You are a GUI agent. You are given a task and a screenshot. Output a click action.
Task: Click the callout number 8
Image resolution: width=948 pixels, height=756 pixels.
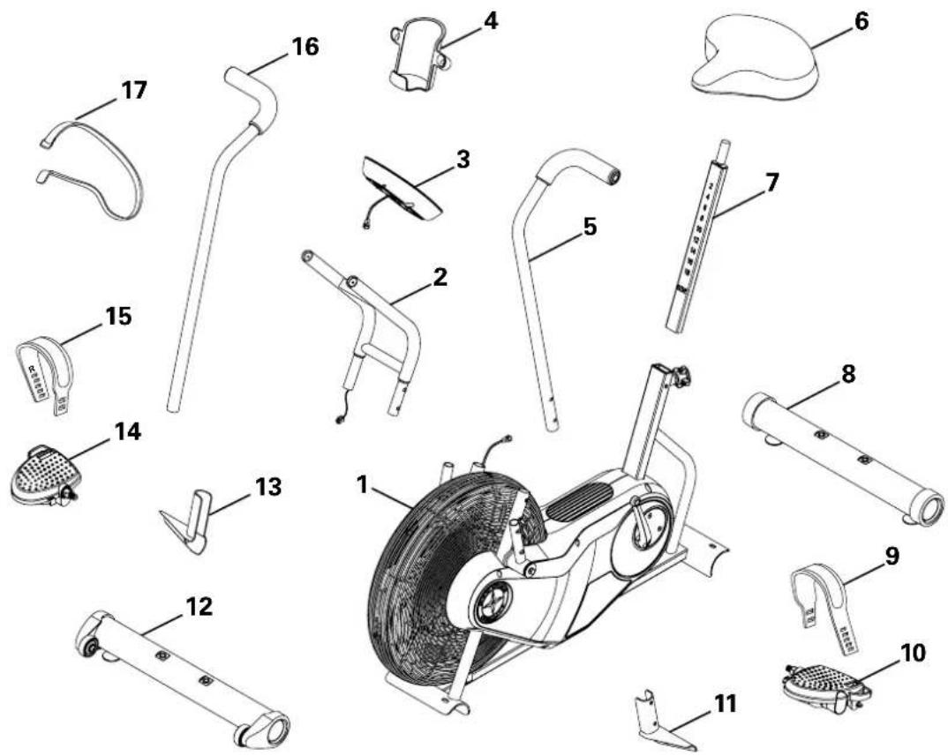click(x=847, y=372)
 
